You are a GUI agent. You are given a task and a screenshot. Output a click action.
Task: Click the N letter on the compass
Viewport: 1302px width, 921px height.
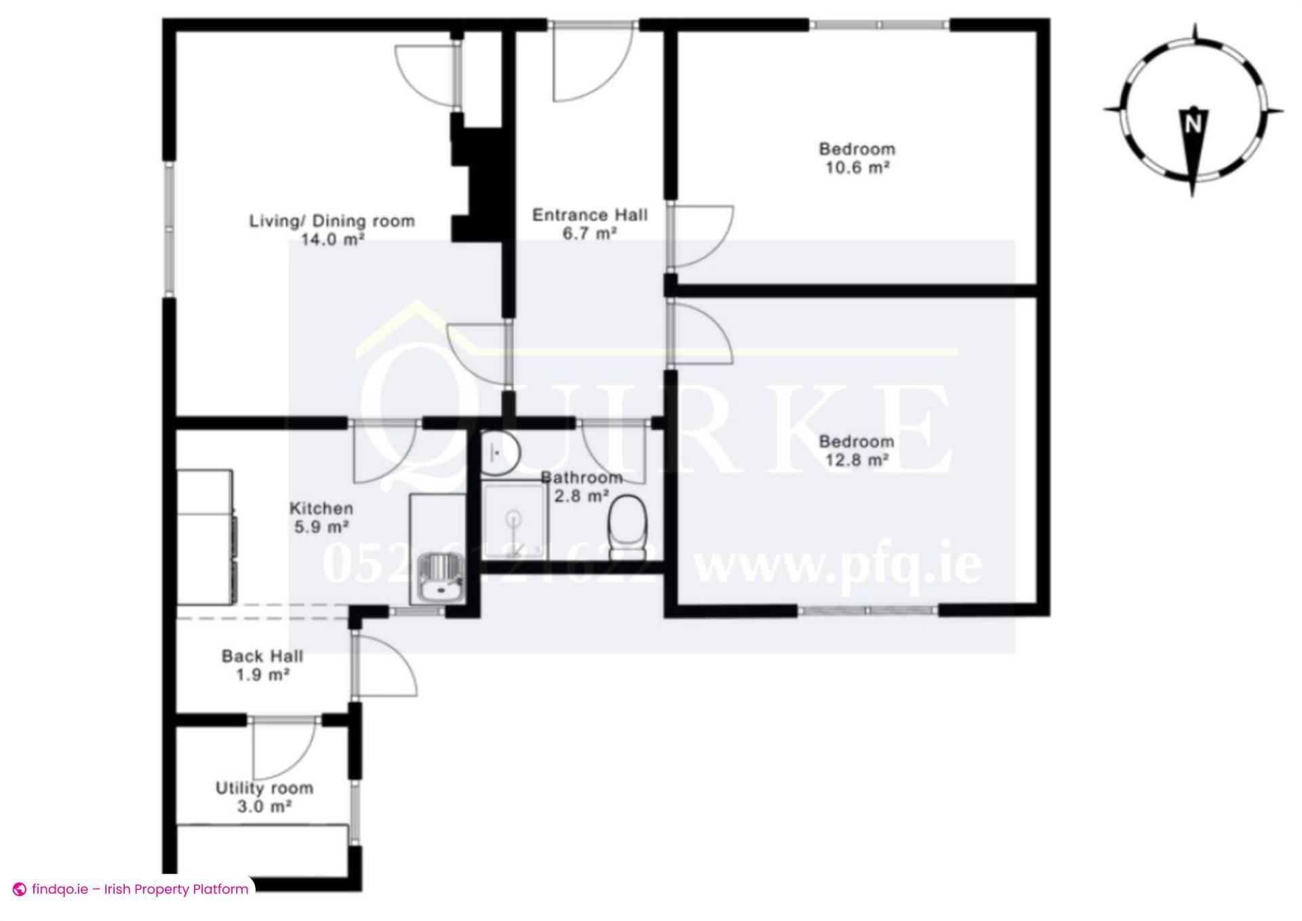1193,124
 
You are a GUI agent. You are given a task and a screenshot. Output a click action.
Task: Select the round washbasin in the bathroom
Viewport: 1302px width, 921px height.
500,452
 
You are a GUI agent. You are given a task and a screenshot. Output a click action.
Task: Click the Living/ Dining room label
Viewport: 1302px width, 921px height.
332,221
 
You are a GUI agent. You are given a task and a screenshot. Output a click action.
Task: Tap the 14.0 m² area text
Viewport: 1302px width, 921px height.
332,239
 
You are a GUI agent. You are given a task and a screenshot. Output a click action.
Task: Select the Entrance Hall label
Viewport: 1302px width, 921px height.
589,215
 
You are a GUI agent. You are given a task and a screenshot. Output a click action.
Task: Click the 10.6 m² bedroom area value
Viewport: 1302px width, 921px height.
856,168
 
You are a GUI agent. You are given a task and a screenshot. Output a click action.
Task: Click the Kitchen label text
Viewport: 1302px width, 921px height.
321,509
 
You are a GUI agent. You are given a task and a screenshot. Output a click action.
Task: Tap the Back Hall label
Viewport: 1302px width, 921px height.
262,656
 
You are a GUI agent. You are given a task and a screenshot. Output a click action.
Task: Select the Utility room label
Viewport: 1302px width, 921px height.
264,788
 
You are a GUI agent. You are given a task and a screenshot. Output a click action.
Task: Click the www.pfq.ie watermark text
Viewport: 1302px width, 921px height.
838,565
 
